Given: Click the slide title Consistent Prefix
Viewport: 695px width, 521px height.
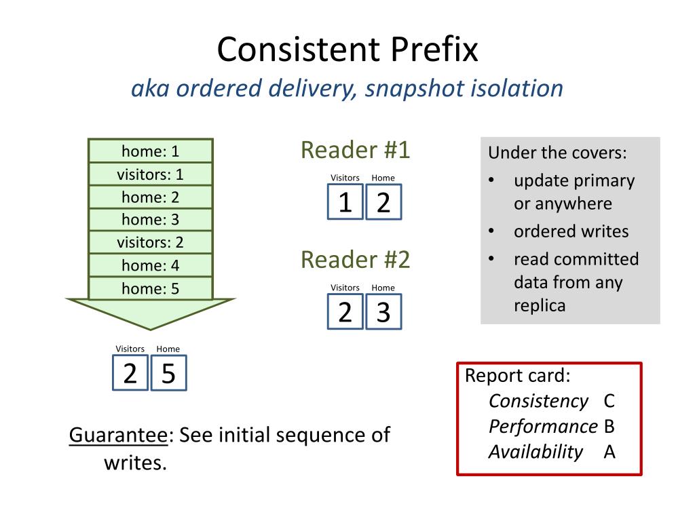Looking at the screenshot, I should [347, 50].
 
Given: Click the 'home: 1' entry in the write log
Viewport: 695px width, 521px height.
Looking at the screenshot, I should [151, 151].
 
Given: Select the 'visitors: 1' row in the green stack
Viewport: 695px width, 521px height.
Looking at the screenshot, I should [151, 174].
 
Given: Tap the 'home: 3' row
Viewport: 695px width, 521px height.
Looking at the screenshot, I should [151, 220].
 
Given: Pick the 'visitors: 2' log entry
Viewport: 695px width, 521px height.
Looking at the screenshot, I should [151, 242].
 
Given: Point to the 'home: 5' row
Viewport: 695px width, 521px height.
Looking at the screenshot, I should [151, 288].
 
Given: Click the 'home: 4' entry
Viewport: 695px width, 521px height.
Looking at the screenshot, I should [151, 265].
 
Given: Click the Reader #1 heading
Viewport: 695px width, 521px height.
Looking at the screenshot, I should [356, 150].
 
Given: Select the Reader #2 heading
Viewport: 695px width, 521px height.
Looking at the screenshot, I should [356, 259].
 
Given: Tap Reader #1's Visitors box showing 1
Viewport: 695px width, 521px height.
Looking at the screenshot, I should [345, 202].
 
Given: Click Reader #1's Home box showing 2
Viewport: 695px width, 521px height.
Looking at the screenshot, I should [383, 202].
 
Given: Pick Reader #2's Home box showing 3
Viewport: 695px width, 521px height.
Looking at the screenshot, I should [383, 312].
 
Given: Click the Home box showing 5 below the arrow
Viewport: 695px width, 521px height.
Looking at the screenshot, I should [168, 374].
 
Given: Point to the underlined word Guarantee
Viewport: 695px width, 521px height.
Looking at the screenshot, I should [118, 435].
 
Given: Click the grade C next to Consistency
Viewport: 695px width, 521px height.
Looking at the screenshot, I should [609, 401].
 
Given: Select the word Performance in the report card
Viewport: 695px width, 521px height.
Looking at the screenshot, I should [543, 427].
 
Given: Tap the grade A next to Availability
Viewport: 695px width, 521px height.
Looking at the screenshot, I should [609, 452].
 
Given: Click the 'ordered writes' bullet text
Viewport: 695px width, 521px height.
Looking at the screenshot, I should [571, 231].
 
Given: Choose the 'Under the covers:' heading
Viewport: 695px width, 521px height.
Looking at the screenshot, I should [557, 153].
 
